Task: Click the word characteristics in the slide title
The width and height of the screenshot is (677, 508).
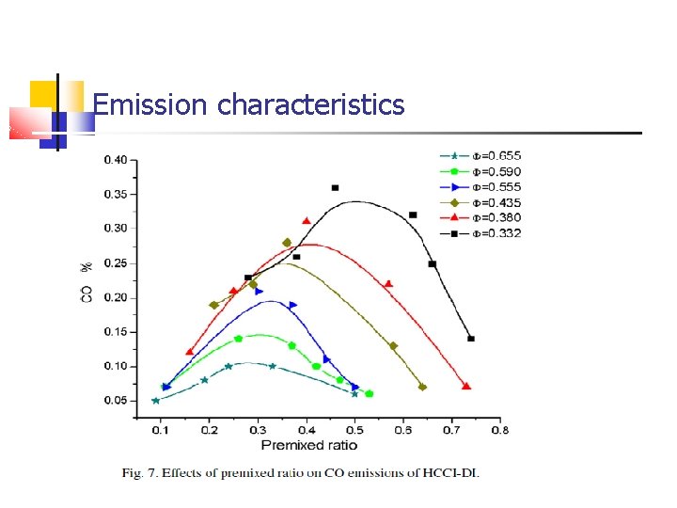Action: (310, 104)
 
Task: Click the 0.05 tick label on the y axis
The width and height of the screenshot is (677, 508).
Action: (116, 401)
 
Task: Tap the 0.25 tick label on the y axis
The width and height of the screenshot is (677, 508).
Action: (116, 262)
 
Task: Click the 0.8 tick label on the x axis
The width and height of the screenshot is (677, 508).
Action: (500, 430)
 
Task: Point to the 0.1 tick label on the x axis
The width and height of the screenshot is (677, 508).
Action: (162, 430)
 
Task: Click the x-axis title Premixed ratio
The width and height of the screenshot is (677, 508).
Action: (303, 444)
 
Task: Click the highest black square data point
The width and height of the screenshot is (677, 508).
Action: (335, 188)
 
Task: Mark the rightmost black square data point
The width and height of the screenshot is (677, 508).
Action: (471, 339)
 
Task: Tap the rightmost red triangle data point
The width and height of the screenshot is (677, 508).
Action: (466, 386)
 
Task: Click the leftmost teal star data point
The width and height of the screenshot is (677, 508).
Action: (156, 401)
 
